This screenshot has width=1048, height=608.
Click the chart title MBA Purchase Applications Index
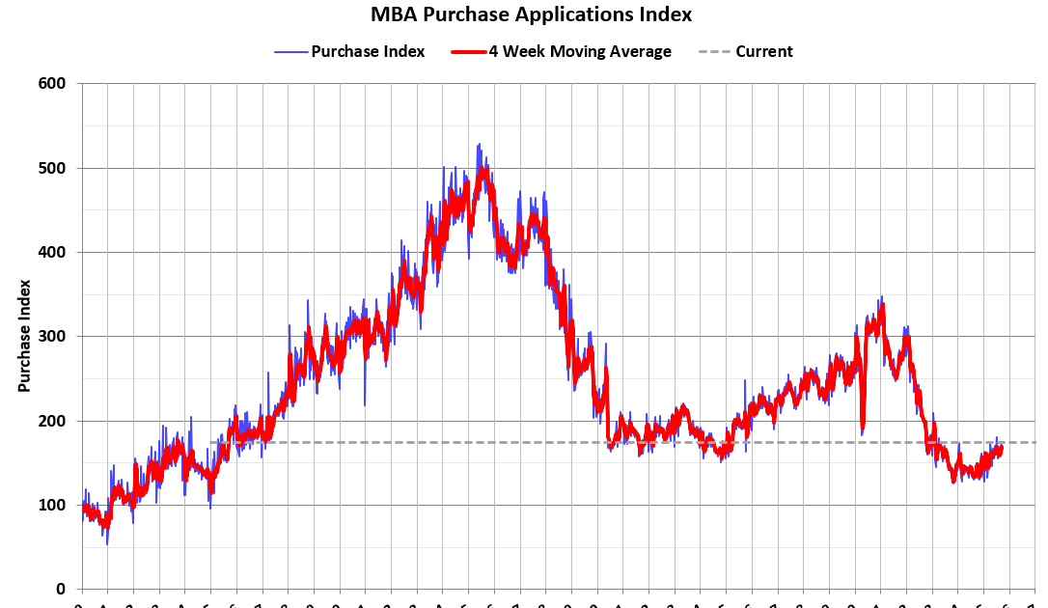point(531,14)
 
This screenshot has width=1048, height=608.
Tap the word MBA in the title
point(393,14)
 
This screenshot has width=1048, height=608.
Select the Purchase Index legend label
point(368,51)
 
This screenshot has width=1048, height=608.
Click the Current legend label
point(763,51)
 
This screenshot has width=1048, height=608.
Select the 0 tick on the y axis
point(60,589)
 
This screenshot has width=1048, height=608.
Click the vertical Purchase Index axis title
point(24,336)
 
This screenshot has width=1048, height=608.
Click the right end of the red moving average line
point(1001,447)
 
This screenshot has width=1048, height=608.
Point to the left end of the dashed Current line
point(211,442)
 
